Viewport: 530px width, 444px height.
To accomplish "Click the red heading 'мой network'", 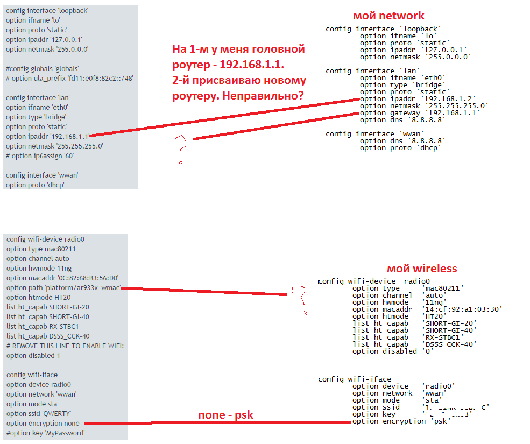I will [x=388, y=16].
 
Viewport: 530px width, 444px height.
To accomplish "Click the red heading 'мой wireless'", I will [x=422, y=269].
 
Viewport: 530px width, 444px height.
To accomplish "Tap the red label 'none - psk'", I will [x=225, y=415].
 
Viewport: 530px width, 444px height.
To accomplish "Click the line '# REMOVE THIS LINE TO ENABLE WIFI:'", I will [x=65, y=346].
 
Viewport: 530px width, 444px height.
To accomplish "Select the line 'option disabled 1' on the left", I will [x=33, y=356].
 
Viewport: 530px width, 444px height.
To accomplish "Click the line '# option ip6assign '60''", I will [x=40, y=156].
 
